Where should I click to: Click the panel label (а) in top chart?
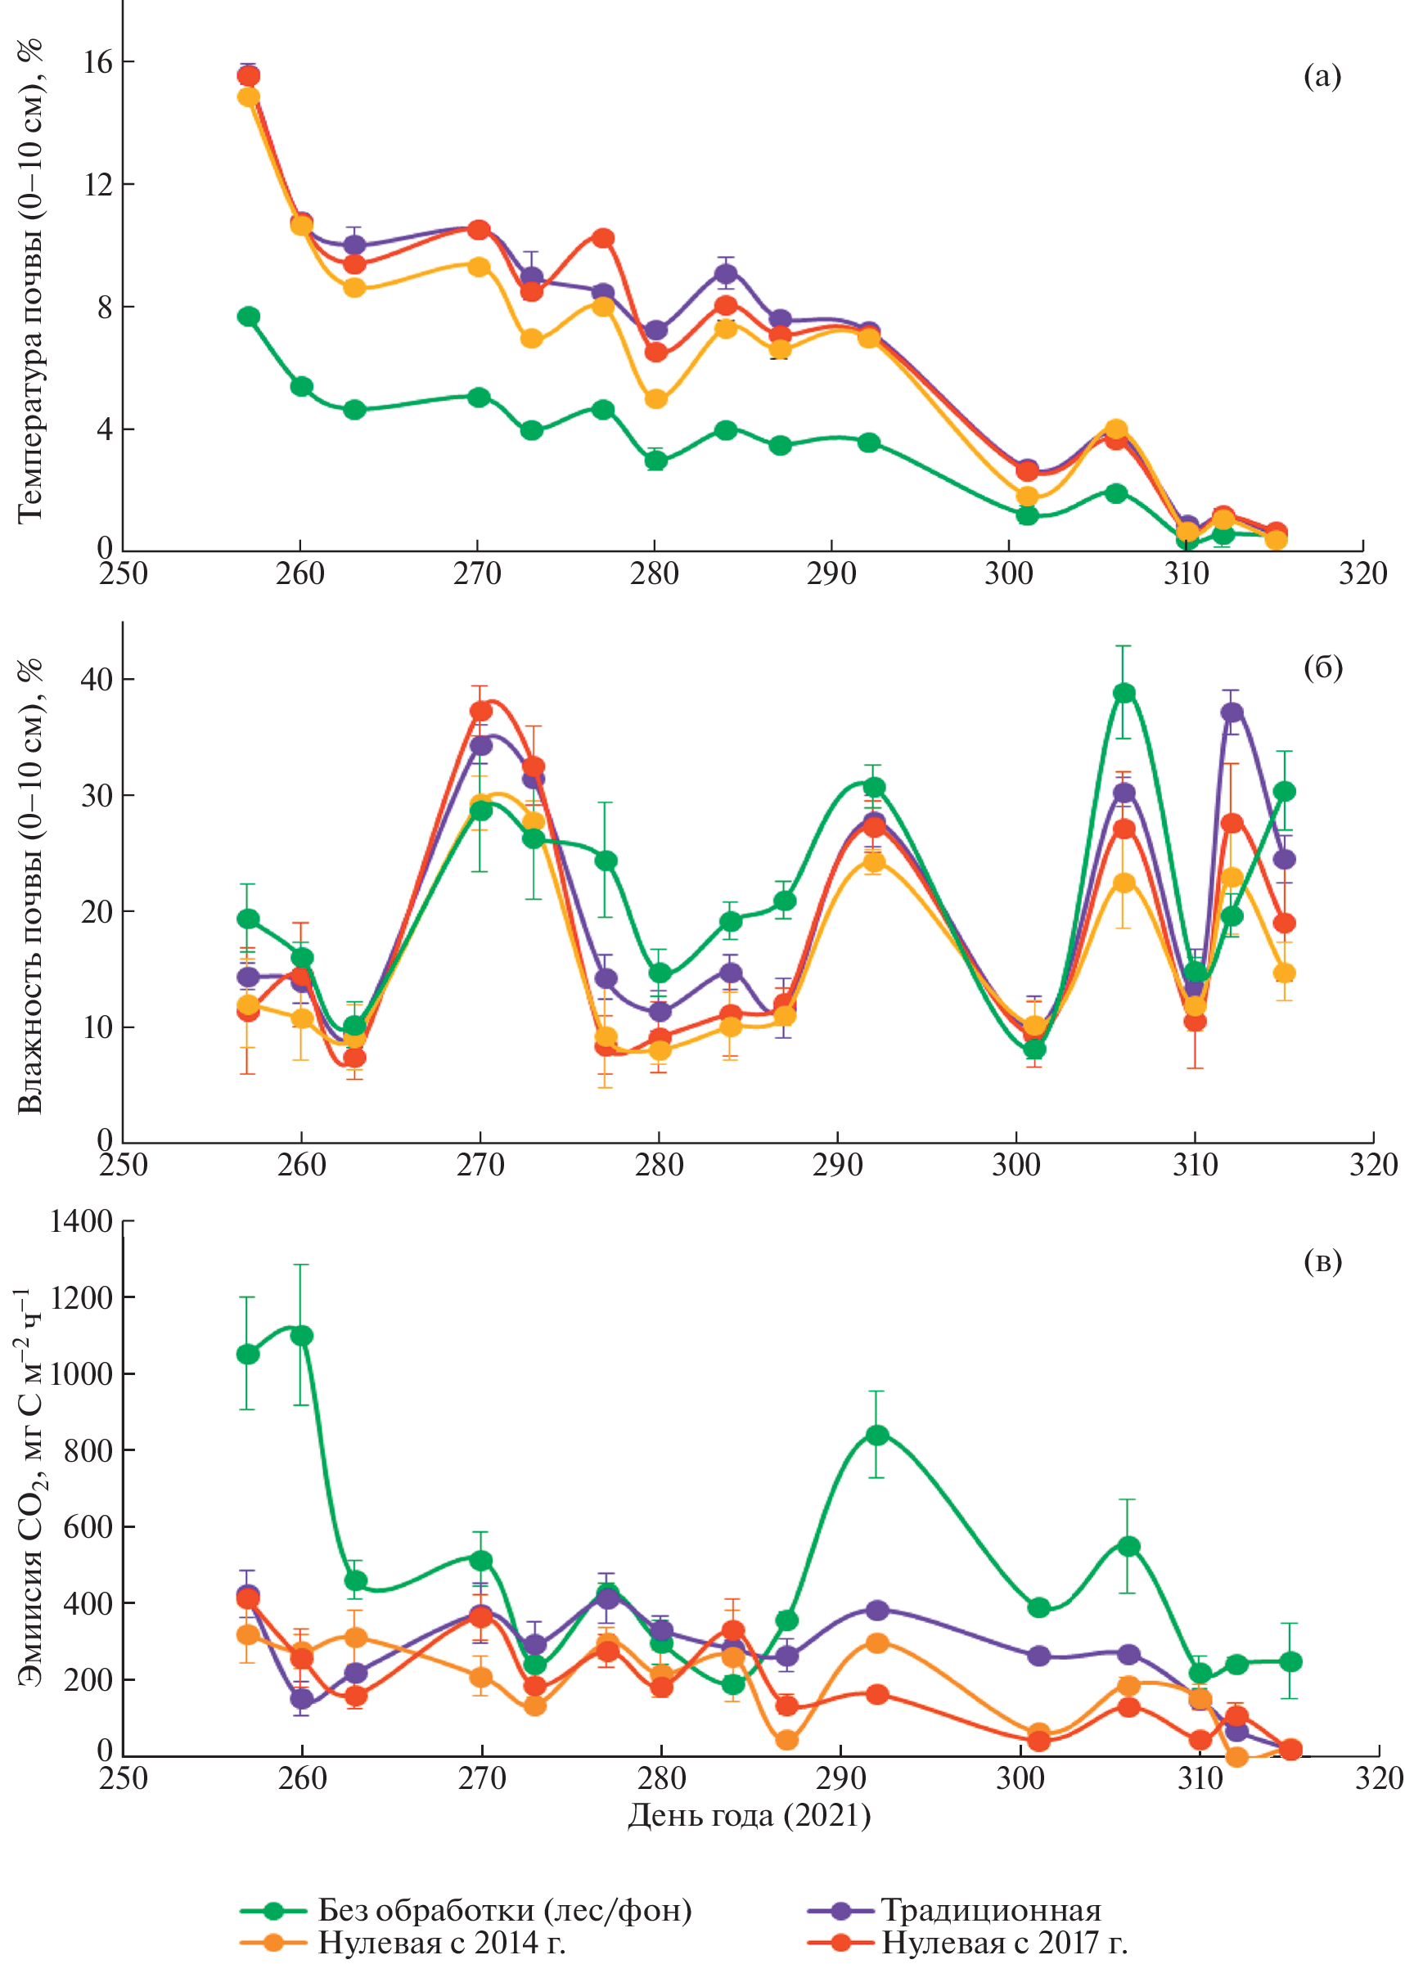tap(1321, 77)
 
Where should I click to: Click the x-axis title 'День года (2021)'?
tap(750, 1814)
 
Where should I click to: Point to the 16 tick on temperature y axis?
tap(97, 62)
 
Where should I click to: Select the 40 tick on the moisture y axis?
tap(96, 680)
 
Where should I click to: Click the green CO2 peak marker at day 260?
tap(301, 1336)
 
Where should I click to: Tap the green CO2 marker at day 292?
tap(876, 1436)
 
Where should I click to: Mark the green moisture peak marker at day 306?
tap(1124, 693)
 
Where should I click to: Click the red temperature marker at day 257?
tap(248, 76)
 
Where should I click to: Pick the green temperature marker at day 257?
tap(248, 317)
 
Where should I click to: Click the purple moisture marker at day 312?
tap(1231, 712)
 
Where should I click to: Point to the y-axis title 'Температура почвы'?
tap(30, 281)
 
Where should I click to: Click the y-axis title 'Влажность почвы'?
tap(30, 887)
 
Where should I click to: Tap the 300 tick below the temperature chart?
tap(1009, 574)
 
